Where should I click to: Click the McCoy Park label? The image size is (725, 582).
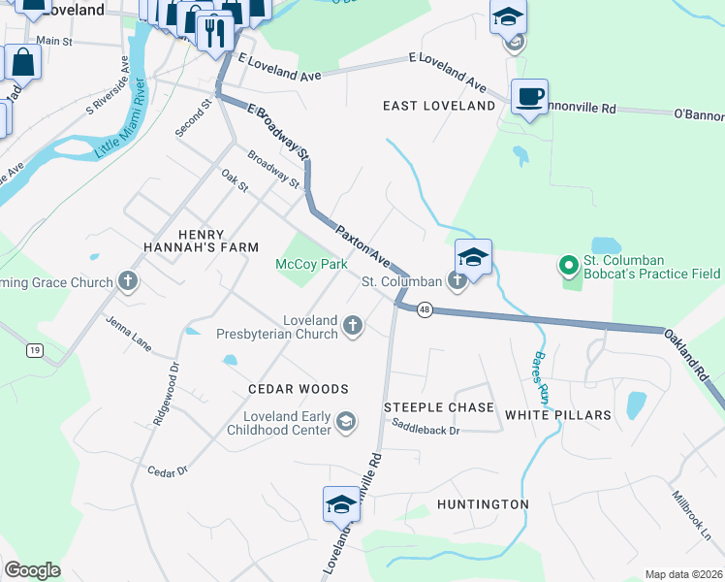[x=311, y=264]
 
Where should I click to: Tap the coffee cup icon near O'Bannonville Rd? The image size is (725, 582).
[x=529, y=97]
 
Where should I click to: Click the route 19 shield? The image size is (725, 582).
[x=33, y=350]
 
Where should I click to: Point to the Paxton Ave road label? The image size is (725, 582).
[x=362, y=247]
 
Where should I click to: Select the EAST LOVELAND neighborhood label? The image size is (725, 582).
[x=438, y=105]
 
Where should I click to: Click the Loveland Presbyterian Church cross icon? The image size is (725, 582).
[x=354, y=327]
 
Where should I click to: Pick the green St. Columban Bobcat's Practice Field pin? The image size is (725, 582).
[x=568, y=264]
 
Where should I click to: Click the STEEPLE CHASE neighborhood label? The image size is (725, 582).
[x=438, y=407]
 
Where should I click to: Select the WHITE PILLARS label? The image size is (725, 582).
[x=557, y=414]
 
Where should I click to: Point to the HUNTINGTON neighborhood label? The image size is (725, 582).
[x=483, y=504]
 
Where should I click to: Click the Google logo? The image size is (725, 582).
[x=32, y=570]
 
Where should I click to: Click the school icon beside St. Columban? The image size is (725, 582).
[x=473, y=257]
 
